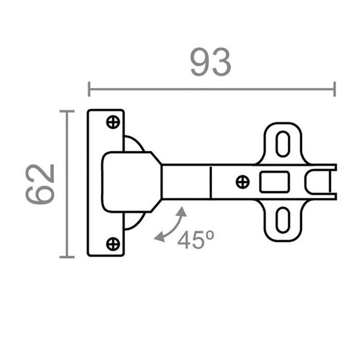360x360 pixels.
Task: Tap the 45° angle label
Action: [x=195, y=240]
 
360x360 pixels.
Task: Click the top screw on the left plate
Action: [x=113, y=122]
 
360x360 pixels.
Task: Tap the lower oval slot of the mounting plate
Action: [x=282, y=220]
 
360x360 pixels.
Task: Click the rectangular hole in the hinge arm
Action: [x=275, y=182]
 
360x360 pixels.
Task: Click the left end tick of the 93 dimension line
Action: [x=89, y=89]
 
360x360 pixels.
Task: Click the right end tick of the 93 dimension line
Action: [x=335, y=89]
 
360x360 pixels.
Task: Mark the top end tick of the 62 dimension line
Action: [x=64, y=111]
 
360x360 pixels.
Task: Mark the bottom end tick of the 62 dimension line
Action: [x=64, y=257]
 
